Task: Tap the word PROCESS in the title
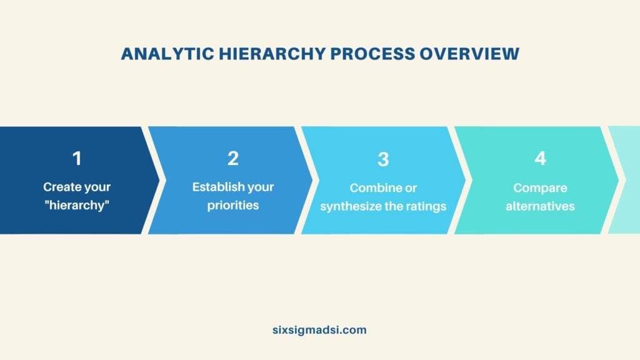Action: pos(371,54)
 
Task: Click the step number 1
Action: pos(77,159)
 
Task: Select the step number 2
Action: pos(233,159)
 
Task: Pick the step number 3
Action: pos(383,159)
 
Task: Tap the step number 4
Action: pos(540,159)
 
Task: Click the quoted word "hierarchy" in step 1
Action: pos(77,205)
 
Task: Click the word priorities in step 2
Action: pos(233,205)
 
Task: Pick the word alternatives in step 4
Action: pos(540,206)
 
